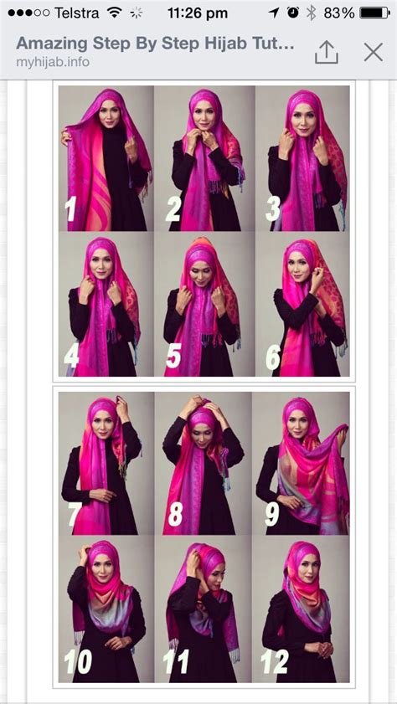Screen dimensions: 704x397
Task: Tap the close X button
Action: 374,52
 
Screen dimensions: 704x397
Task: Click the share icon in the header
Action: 327,52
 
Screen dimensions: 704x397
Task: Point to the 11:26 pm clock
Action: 197,13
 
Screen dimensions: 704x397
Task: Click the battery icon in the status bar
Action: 374,13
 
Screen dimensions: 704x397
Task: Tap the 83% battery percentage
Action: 339,13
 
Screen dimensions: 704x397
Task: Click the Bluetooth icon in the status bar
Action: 312,13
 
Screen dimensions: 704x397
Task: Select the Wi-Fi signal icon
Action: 115,13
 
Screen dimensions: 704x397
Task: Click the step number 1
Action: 71,209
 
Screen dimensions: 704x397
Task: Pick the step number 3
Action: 273,209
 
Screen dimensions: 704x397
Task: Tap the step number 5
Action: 173,357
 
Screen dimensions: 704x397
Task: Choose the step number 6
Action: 273,357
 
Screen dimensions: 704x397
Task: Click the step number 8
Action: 174,513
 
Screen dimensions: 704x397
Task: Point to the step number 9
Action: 272,513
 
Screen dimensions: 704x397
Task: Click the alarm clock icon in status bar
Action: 292,13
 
